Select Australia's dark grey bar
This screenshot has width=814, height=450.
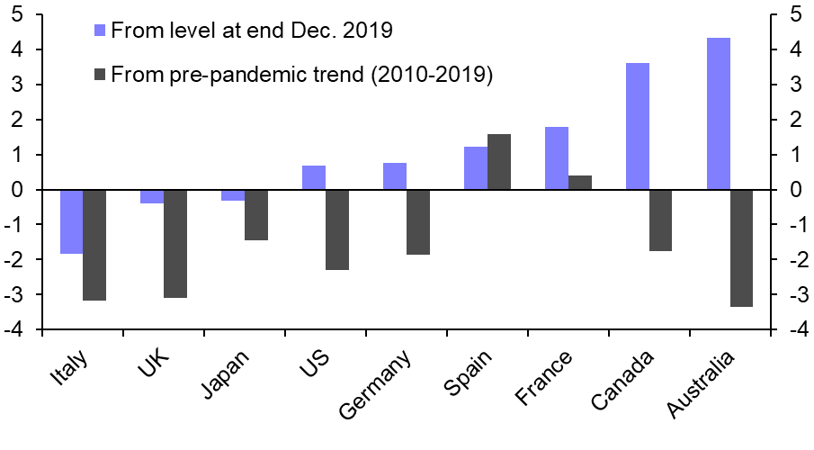741,248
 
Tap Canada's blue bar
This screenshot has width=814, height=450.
637,127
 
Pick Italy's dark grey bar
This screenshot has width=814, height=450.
94,245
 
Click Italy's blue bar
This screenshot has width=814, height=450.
71,221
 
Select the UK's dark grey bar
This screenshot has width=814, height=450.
175,243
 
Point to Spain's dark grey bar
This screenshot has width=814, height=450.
498,162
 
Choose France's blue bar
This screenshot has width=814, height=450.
556,158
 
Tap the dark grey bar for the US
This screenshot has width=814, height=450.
337,229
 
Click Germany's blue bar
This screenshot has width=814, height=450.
394,176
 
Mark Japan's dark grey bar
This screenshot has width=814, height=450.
256,215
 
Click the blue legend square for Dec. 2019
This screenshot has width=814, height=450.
100,31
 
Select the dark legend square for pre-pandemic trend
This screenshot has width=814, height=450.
100,75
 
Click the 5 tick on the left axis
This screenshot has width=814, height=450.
18,14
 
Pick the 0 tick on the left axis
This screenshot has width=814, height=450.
18,190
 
